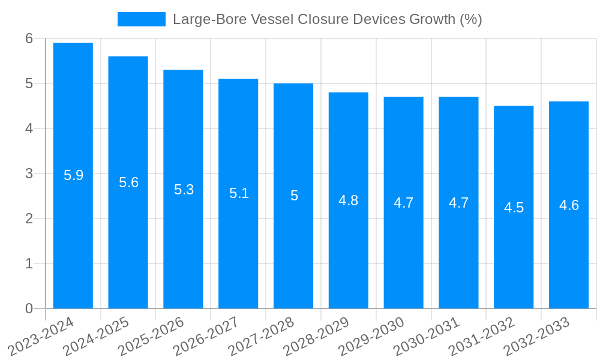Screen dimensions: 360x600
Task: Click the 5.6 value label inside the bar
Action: coord(128,182)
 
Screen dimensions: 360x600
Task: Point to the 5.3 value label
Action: coord(184,190)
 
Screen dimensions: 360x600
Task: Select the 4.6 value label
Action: coord(569,205)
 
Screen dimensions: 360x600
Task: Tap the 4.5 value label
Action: coord(514,208)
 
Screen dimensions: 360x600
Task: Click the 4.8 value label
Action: coord(349,200)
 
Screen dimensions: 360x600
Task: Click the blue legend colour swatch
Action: coord(142,19)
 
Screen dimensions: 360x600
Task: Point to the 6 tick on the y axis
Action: coord(29,38)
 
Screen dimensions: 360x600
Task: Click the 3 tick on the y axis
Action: coord(29,173)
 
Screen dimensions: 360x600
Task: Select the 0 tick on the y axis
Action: coord(29,308)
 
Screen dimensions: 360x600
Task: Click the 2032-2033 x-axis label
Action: coord(538,336)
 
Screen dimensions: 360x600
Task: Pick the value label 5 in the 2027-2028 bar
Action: coord(294,196)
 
